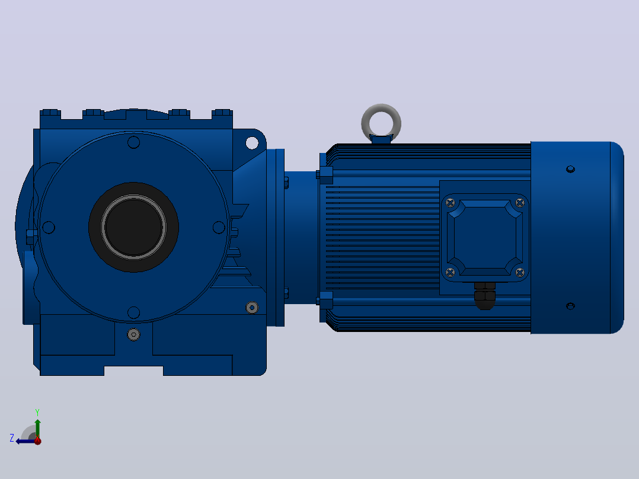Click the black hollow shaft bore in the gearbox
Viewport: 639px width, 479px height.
point(134,227)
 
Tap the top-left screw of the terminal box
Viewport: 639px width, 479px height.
point(451,203)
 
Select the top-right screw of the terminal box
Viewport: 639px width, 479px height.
point(520,203)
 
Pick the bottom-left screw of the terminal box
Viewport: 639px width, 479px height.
point(451,272)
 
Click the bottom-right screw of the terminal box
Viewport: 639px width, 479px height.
point(520,272)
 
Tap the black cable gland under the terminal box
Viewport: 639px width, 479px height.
point(485,296)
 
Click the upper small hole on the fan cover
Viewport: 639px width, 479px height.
point(570,169)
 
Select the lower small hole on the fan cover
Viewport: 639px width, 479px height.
point(570,306)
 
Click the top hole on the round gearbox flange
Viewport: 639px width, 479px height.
point(134,142)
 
